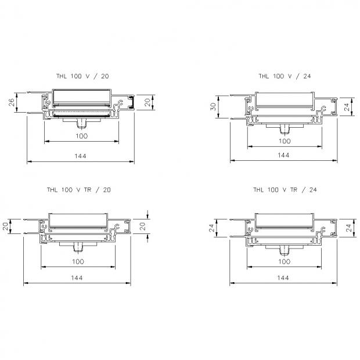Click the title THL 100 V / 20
(x=82, y=76)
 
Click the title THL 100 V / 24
(x=285, y=76)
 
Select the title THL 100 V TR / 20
(x=79, y=190)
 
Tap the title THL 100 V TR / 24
(x=285, y=190)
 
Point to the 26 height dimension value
(x=12, y=102)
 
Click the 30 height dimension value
(x=213, y=106)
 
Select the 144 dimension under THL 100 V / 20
(x=80, y=156)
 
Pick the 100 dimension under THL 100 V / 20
(x=82, y=136)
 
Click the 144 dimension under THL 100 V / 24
(x=283, y=155)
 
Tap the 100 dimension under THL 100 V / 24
(x=285, y=141)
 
